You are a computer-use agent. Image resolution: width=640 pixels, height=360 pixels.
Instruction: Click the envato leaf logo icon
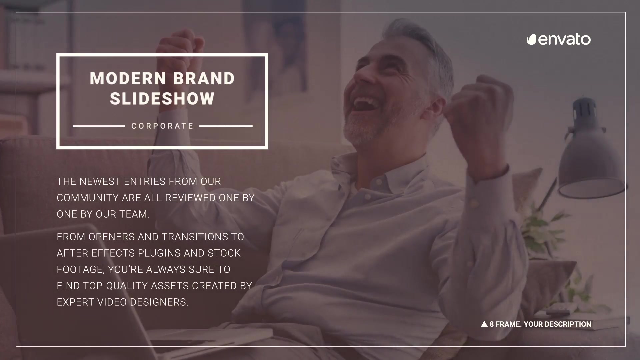tap(531, 40)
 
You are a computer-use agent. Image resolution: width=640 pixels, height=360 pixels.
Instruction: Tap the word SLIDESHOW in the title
tap(162, 99)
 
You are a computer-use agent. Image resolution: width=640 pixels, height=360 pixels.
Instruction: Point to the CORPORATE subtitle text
tap(162, 126)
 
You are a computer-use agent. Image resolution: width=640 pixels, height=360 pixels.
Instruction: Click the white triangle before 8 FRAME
tap(484, 324)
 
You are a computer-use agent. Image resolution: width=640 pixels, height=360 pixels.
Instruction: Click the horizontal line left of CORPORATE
tap(99, 126)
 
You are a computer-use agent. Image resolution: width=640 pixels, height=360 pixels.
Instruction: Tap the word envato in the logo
tap(564, 40)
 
